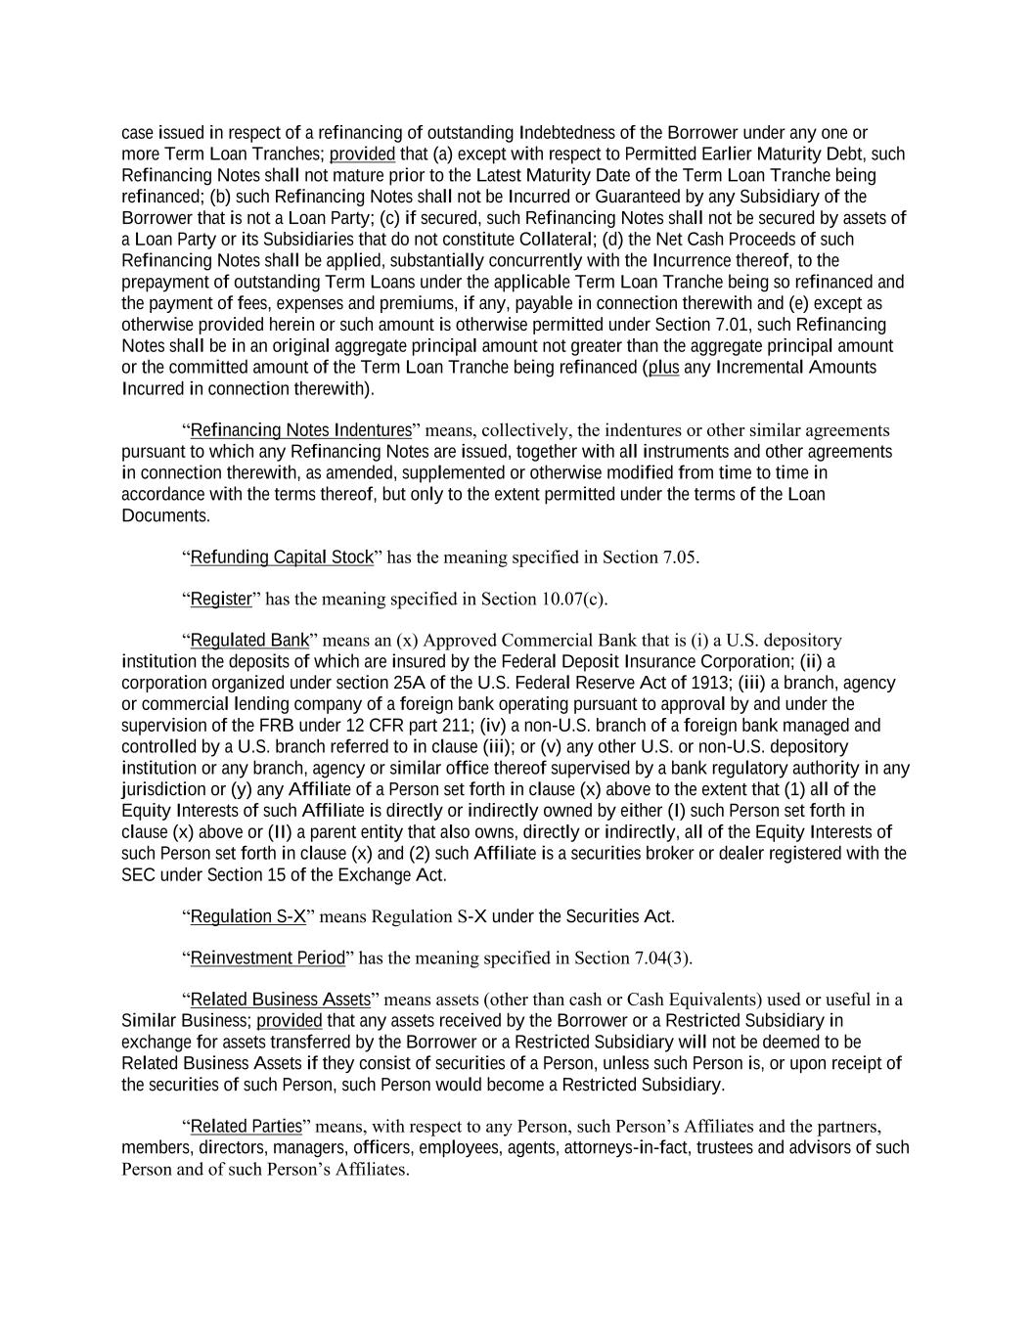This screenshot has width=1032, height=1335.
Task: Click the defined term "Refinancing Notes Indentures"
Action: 300,430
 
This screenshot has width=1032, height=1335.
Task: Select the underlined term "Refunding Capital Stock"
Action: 282,557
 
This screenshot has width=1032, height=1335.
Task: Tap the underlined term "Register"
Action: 221,599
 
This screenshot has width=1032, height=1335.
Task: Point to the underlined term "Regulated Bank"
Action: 249,641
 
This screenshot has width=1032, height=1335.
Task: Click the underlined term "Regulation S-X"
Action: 248,916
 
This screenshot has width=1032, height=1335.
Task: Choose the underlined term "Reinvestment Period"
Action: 267,957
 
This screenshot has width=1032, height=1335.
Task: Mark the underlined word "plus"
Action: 663,368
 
